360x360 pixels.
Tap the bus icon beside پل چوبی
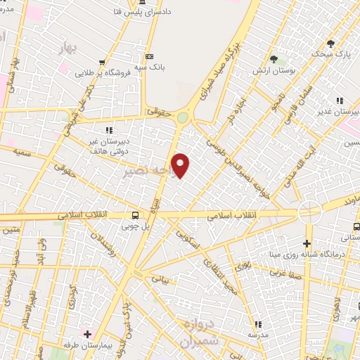pyautogui.click(x=135, y=215)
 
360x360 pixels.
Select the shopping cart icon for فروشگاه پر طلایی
pyautogui.click(x=103, y=62)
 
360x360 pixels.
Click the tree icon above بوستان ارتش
pyautogui.click(x=274, y=59)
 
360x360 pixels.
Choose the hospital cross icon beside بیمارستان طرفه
pyautogui.click(x=88, y=334)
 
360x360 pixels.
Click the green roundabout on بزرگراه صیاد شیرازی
pyautogui.click(x=184, y=118)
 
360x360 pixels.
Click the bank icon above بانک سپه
pyautogui.click(x=148, y=56)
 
